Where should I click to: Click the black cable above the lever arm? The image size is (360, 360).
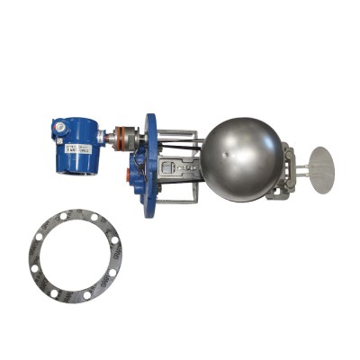coord(180,144)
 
